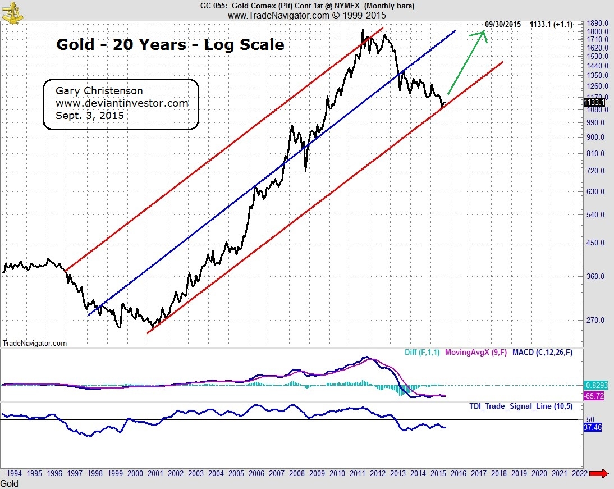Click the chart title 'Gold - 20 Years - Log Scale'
(x=170, y=45)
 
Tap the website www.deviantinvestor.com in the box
(x=122, y=103)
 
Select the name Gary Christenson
(x=99, y=90)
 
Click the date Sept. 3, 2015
(x=89, y=116)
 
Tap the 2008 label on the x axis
(x=296, y=473)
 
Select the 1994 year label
(x=14, y=473)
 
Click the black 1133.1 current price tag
(x=594, y=103)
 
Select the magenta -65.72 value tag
(x=595, y=396)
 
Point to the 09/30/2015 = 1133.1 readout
(x=528, y=24)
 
